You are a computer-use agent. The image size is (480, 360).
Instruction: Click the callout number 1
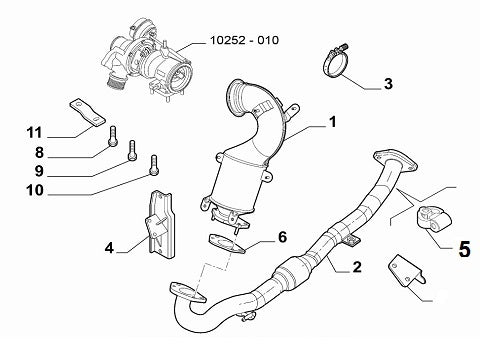(332, 122)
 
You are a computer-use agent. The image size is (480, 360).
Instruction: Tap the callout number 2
(357, 267)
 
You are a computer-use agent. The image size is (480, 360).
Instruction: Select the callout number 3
(388, 84)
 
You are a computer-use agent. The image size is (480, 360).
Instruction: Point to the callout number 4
(109, 248)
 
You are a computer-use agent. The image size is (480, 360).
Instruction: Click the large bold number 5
(464, 249)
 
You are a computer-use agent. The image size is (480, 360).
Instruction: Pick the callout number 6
(282, 237)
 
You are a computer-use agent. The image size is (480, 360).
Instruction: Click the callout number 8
(39, 152)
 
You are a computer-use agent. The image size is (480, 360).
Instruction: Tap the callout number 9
(39, 171)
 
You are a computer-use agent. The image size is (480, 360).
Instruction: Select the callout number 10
(35, 190)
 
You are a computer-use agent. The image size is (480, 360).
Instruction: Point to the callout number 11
(35, 133)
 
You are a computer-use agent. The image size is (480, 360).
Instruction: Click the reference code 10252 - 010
(244, 40)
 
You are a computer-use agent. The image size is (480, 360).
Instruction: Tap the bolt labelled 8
(113, 136)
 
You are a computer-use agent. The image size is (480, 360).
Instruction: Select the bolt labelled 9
(132, 151)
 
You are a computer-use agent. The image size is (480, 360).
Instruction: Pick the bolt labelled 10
(154, 165)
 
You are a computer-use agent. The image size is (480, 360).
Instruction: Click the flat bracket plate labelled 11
(87, 113)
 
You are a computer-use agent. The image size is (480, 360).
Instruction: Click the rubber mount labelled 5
(433, 219)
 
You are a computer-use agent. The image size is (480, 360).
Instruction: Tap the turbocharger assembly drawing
(148, 59)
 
